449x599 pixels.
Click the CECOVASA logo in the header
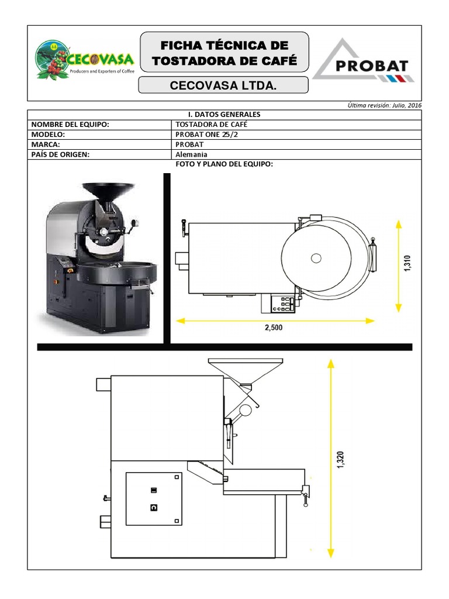point(84,60)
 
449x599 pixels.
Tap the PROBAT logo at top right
point(364,60)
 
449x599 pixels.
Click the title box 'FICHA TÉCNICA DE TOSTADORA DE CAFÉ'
point(224,52)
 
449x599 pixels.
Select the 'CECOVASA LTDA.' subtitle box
point(223,85)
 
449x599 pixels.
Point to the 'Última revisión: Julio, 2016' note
point(385,105)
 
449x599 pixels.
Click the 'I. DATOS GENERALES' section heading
point(224,115)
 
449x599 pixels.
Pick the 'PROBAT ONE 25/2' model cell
point(206,135)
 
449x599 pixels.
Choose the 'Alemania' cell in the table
point(191,154)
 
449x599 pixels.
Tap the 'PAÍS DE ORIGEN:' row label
point(60,154)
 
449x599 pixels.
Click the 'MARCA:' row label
point(46,145)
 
